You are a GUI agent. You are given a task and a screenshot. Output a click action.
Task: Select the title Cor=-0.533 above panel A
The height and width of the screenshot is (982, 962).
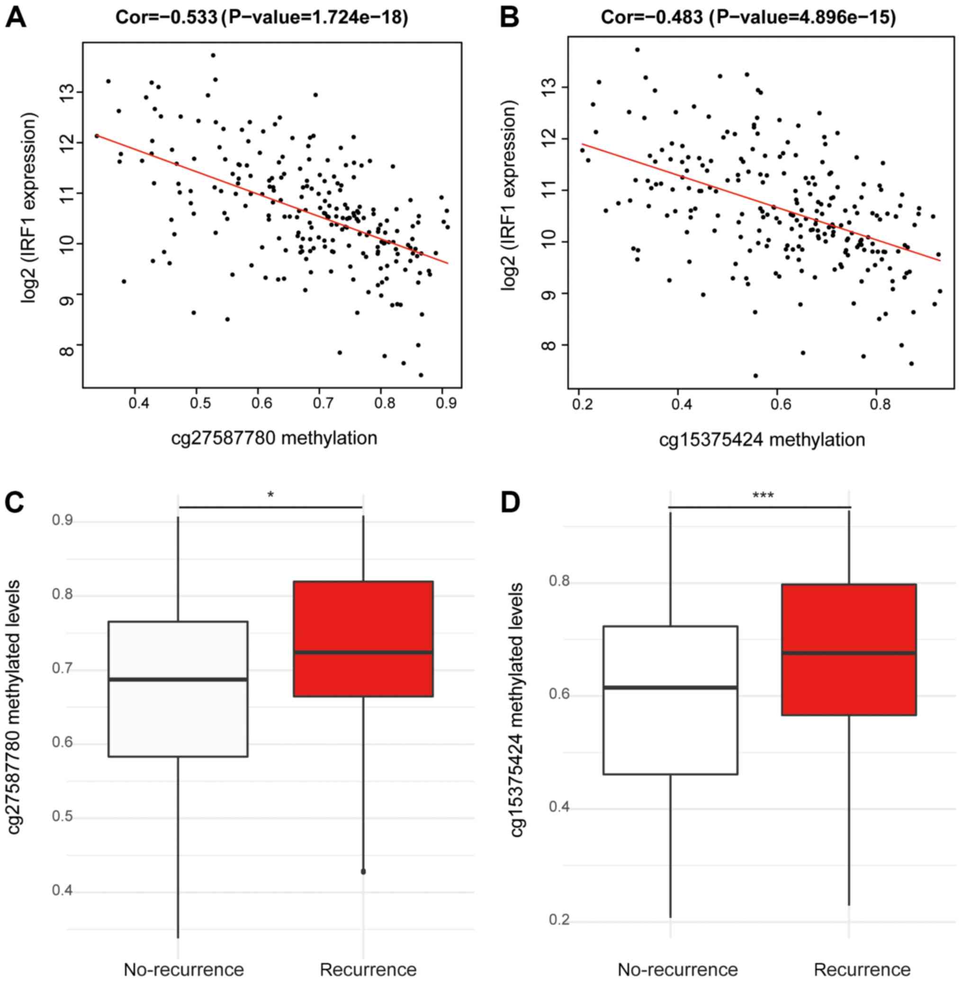(166, 18)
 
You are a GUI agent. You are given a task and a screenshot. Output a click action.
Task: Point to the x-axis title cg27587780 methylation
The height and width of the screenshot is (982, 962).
(274, 437)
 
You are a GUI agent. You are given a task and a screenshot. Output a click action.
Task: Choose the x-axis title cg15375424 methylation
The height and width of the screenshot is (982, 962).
(762, 439)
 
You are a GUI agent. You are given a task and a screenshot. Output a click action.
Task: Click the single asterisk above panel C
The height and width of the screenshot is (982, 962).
(271, 496)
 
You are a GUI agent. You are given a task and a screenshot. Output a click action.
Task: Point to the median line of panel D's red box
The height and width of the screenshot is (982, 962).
(849, 653)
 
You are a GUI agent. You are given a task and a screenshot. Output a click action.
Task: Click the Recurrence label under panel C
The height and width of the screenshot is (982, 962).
(368, 955)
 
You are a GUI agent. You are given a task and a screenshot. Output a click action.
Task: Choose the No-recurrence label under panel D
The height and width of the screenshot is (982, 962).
(677, 955)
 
